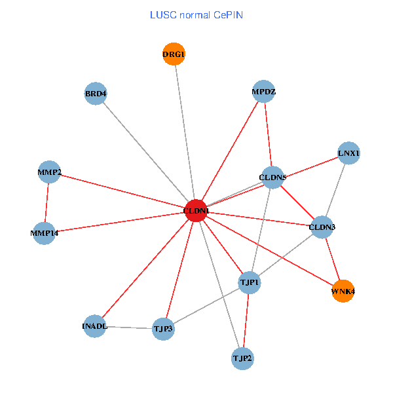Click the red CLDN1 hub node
(196, 210)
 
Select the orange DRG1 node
(174, 54)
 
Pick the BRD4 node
(96, 93)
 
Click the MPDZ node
(264, 92)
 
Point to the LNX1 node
(348, 154)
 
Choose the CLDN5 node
(272, 177)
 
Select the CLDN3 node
(322, 227)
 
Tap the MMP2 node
(49, 172)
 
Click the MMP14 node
(44, 233)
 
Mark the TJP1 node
(250, 282)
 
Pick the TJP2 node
(242, 358)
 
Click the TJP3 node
(163, 327)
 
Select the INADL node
(94, 326)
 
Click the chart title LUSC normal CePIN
(196, 14)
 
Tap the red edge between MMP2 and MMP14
(47, 202)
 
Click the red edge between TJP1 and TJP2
(246, 320)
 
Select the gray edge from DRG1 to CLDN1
(185, 131)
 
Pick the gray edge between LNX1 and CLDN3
(335, 190)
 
